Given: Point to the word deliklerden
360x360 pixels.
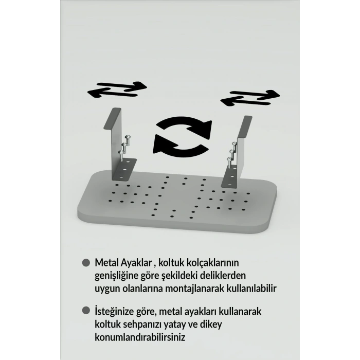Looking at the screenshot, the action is (223, 276).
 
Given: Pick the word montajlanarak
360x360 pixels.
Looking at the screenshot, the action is (195, 289).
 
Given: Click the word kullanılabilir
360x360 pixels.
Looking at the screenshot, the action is (251, 289).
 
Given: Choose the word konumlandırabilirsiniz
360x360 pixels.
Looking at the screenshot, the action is (140, 337).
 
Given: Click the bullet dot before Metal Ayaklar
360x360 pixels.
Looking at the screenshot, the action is (86, 263).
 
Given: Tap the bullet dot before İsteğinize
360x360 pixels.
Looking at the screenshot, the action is (86, 311).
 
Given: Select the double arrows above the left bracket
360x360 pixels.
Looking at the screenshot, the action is (117, 89).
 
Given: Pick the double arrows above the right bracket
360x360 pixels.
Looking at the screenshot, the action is (250, 98).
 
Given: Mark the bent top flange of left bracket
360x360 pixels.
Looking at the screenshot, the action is (112, 118).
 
